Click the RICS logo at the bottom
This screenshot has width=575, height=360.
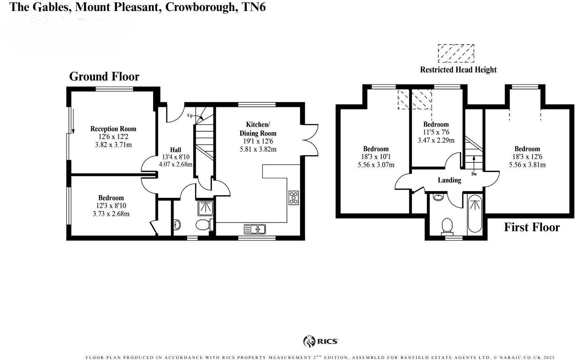321,341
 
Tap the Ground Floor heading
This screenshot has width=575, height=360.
104,76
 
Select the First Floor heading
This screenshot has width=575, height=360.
532,227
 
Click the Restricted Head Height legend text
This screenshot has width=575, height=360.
458,70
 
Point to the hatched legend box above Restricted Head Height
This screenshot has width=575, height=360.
456,53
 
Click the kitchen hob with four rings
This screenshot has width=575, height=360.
294,198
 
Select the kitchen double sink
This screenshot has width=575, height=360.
254,229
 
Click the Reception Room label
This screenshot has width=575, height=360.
113,129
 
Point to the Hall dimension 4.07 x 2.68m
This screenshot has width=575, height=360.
175,164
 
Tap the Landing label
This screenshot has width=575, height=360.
449,180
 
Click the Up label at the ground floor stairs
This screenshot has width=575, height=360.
190,116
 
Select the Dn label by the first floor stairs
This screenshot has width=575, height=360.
474,174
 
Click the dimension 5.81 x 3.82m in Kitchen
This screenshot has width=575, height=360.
258,149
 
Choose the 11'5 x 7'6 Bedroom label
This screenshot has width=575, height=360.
436,132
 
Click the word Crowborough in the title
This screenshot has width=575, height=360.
200,7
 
